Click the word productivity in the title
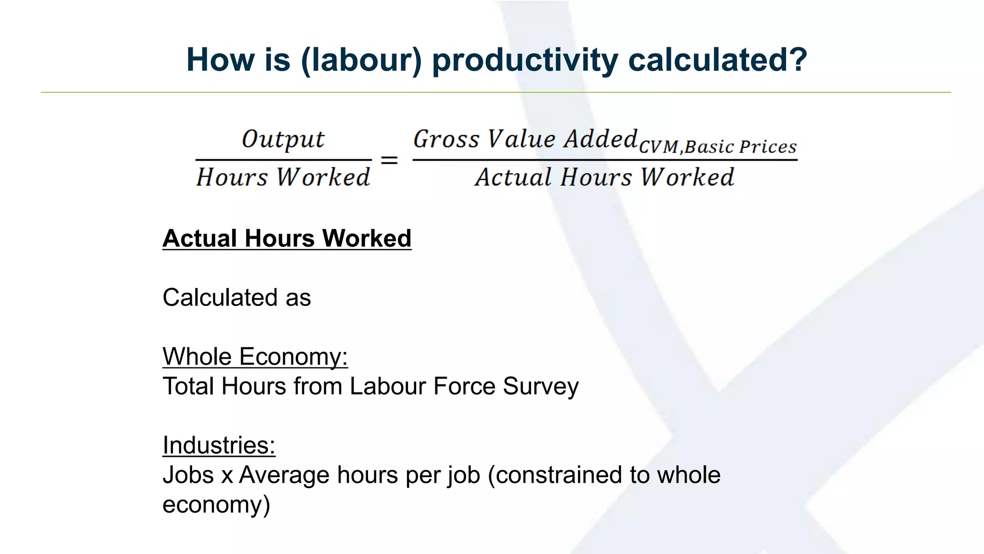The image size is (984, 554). (x=525, y=60)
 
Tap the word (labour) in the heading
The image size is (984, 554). (x=361, y=60)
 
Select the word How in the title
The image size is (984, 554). (x=220, y=60)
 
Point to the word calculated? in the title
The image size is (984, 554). (x=717, y=60)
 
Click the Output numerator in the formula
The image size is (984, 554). (x=283, y=139)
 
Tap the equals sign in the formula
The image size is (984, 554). (x=389, y=160)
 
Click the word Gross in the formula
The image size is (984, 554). (x=446, y=139)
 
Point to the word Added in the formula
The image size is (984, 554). (x=601, y=139)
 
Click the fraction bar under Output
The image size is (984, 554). (x=283, y=160)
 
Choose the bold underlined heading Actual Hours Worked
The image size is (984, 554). (x=287, y=239)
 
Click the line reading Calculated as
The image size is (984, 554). (x=237, y=298)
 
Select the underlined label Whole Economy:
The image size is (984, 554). (x=255, y=357)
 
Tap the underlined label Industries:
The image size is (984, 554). (x=219, y=445)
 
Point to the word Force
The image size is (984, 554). (x=464, y=386)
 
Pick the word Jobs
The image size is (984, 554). (x=188, y=475)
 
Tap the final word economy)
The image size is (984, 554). (x=216, y=505)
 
